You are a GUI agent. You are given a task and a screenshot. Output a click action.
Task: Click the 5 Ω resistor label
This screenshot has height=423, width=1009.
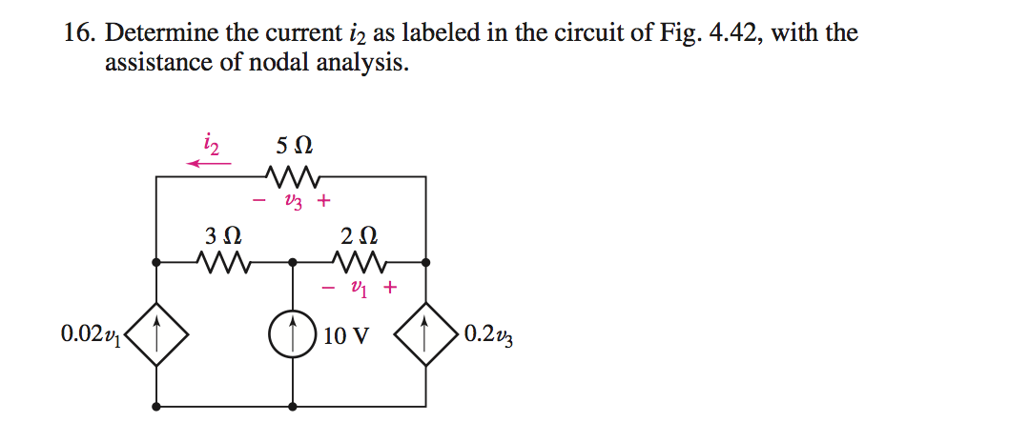click(294, 148)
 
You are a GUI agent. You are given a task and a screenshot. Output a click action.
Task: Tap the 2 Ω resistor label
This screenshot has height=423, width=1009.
click(358, 234)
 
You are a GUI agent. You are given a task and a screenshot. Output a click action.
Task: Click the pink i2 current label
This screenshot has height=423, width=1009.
click(212, 145)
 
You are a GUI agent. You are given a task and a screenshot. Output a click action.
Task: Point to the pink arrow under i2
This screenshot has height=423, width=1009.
click(209, 164)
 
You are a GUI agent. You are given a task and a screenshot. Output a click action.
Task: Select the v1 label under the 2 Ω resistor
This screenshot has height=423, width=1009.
click(359, 286)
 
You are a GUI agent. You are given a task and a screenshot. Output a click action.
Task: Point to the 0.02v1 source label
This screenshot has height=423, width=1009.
click(91, 334)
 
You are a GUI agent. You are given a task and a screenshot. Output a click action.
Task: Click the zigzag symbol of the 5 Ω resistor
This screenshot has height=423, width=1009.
click(294, 176)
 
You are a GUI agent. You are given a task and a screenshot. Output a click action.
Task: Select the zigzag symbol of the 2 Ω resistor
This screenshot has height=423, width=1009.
click(360, 260)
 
